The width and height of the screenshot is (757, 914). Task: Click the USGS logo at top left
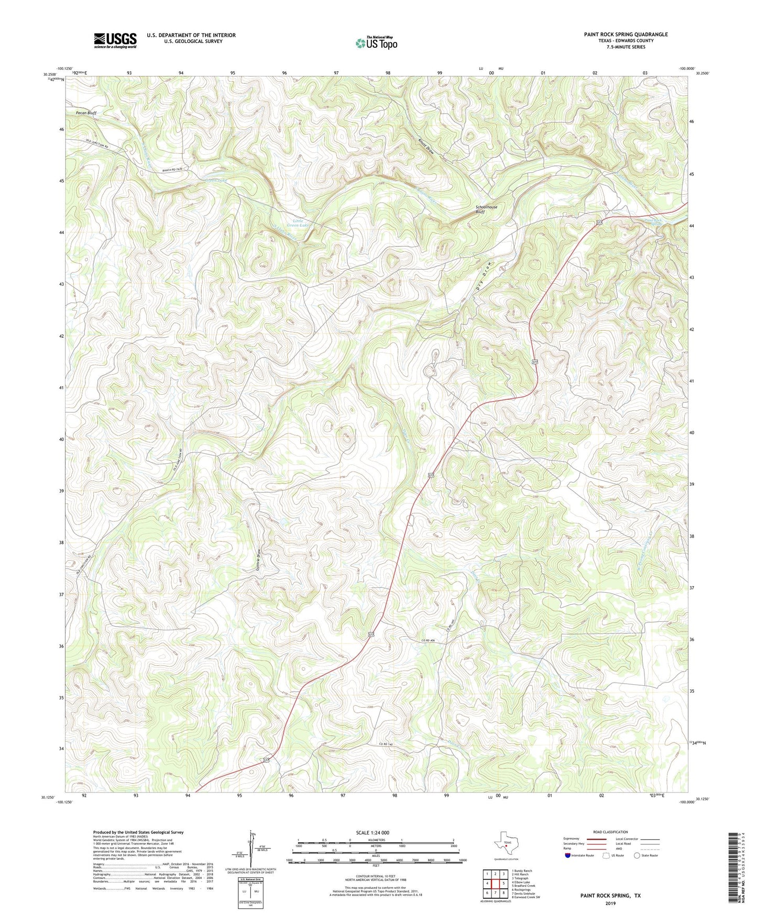pyautogui.click(x=115, y=40)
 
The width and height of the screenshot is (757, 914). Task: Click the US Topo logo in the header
pyautogui.click(x=376, y=43)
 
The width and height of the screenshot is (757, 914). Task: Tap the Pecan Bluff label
pyautogui.click(x=85, y=113)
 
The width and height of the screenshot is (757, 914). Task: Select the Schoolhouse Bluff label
pyautogui.click(x=486, y=209)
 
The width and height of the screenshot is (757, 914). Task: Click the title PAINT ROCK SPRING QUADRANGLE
pyautogui.click(x=626, y=35)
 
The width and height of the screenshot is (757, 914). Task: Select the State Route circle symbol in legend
pyautogui.click(x=637, y=856)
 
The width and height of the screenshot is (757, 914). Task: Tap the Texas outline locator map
pyautogui.click(x=506, y=844)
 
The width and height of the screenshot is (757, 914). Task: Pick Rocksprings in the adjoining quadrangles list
pyautogui.click(x=522, y=889)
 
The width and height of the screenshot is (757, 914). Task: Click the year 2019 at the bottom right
pyautogui.click(x=610, y=903)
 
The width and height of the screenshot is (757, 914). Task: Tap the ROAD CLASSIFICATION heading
pyautogui.click(x=610, y=832)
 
